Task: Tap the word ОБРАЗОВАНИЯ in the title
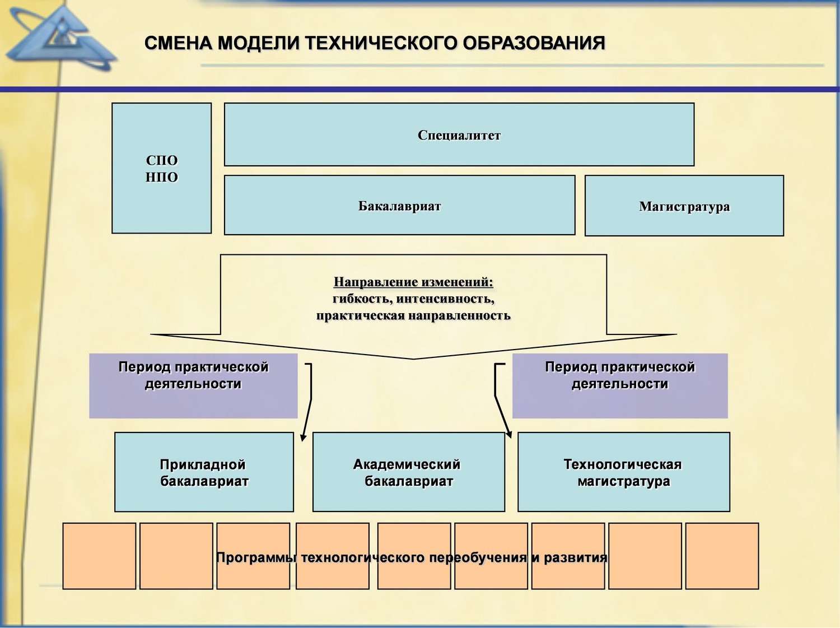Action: (x=534, y=43)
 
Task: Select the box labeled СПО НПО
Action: (x=161, y=168)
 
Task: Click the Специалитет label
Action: (x=459, y=135)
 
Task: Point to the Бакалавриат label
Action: (x=399, y=206)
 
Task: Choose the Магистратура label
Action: (x=684, y=207)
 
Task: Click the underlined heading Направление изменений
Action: (x=413, y=282)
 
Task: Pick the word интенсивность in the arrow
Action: (x=445, y=299)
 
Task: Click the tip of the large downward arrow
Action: (x=413, y=359)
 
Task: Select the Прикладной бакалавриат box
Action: (x=204, y=472)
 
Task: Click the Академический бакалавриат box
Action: (x=409, y=472)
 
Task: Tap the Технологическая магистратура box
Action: (x=624, y=472)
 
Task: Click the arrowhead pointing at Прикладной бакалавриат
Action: (x=303, y=438)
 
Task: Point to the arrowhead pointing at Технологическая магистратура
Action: (x=508, y=434)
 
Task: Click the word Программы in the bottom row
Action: (x=256, y=557)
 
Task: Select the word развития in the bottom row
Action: (x=576, y=557)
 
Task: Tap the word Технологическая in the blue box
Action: (x=623, y=464)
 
